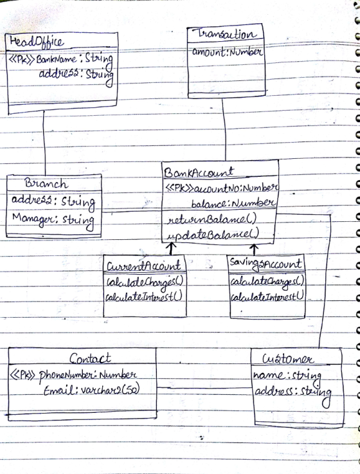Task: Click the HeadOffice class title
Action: tap(37, 42)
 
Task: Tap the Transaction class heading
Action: tap(226, 34)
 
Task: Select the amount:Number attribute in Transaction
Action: tap(227, 52)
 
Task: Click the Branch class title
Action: tap(46, 183)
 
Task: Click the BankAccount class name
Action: tap(199, 172)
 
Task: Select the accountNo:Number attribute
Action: tap(221, 188)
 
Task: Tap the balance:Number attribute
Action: tap(233, 203)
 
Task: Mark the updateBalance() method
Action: tap(213, 234)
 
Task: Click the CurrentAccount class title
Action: tap(144, 266)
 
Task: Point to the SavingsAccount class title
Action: tap(265, 264)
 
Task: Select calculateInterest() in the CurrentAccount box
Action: tap(144, 297)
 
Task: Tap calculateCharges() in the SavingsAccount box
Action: tap(267, 282)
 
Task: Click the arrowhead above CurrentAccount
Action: tap(172, 245)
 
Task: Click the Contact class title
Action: tap(90, 358)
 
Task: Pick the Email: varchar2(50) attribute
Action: tap(91, 390)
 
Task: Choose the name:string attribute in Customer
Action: tap(287, 376)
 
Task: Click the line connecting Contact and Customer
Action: tap(204, 388)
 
